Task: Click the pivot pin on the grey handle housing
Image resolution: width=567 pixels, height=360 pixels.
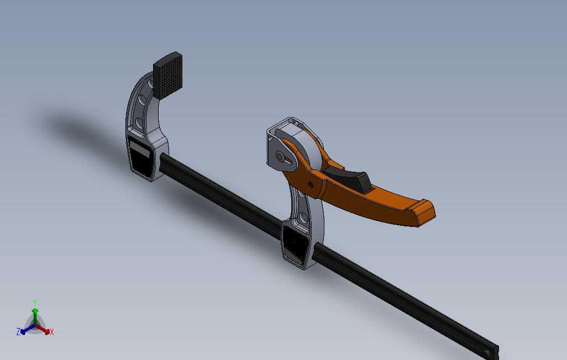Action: (x=281, y=157)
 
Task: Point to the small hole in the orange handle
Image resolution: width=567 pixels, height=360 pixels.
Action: (x=310, y=185)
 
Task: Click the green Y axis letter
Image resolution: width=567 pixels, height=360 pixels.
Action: (x=34, y=303)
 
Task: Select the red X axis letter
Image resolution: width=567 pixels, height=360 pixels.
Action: (x=52, y=332)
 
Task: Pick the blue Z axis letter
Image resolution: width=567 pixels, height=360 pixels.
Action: (x=18, y=332)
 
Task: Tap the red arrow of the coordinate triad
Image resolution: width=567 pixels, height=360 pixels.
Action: (x=44, y=330)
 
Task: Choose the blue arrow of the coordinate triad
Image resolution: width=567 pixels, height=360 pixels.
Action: (x=25, y=330)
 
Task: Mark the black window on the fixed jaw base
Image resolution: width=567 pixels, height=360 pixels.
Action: (x=141, y=157)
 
